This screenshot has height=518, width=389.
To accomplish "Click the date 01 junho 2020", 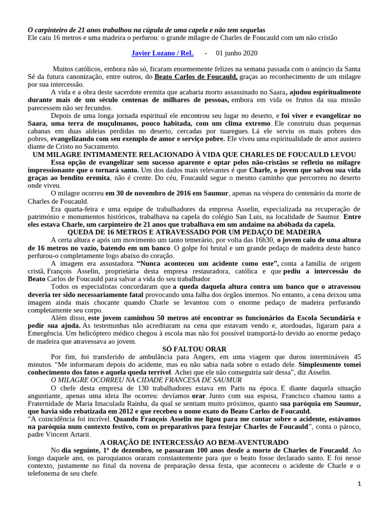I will coord(237,53).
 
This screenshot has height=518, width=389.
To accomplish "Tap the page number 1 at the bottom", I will coord(359,484).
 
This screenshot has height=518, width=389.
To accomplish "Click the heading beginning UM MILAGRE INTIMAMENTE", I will coord(194,154).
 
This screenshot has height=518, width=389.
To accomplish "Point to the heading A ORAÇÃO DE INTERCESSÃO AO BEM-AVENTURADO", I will coord(194,427).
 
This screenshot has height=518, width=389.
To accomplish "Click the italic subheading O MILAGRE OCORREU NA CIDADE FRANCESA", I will coord(146,379).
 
